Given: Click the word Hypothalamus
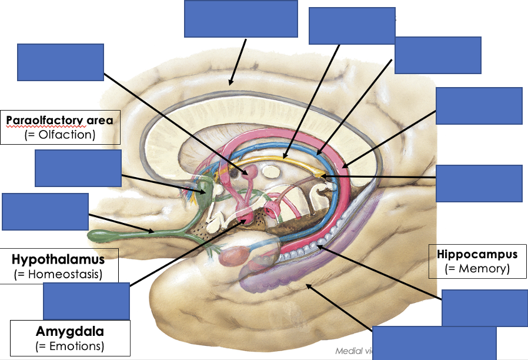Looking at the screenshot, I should click(58, 259).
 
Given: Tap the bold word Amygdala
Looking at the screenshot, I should click(69, 331).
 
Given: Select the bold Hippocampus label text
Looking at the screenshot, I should click(477, 255).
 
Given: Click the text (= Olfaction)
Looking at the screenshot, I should click(61, 135).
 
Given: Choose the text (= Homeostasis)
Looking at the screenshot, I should click(59, 274).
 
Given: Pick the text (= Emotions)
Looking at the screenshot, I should click(69, 345).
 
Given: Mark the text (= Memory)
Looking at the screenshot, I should click(477, 269).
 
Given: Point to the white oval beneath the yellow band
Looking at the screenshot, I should click(270, 172).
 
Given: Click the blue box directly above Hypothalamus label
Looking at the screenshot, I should click(45, 211).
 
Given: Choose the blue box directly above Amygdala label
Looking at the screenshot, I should click(86, 301).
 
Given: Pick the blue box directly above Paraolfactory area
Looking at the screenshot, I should click(61, 62).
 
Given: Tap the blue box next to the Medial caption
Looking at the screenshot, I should click(435, 342).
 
